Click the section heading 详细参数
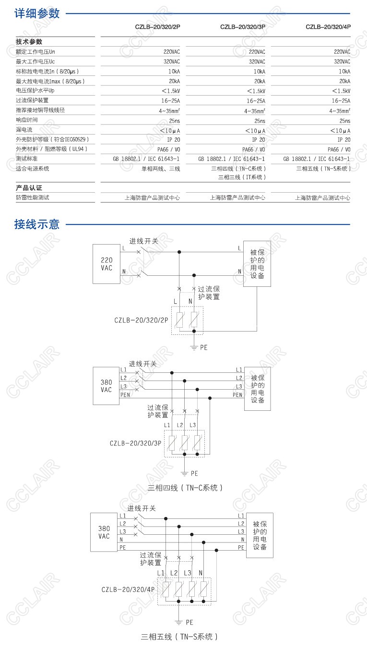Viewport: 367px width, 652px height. tap(37, 13)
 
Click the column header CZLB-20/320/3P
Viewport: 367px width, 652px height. tap(242, 27)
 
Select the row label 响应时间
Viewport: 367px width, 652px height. tap(26, 120)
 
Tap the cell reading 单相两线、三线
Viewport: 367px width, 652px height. tap(160, 169)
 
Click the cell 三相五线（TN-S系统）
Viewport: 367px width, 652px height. tap(323, 169)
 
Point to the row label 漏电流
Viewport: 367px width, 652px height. tap(24, 130)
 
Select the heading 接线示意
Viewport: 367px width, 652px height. tap(37, 224)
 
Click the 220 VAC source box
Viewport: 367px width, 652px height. tap(107, 264)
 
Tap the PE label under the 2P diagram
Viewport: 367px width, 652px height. tap(204, 347)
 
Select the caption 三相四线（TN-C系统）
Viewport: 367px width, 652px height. tap(185, 488)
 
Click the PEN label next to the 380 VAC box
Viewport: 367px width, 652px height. tap(125, 395)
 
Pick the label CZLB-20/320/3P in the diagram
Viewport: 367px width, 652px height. tap(135, 443)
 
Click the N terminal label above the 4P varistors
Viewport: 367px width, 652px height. tap(201, 573)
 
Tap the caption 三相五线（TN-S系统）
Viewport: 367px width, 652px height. tap(180, 637)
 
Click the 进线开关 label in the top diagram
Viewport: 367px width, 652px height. tap(143, 241)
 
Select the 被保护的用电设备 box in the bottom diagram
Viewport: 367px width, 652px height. tap(260, 535)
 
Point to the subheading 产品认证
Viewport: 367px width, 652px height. tap(29, 188)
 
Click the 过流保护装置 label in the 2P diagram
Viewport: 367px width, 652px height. tap(209, 293)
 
